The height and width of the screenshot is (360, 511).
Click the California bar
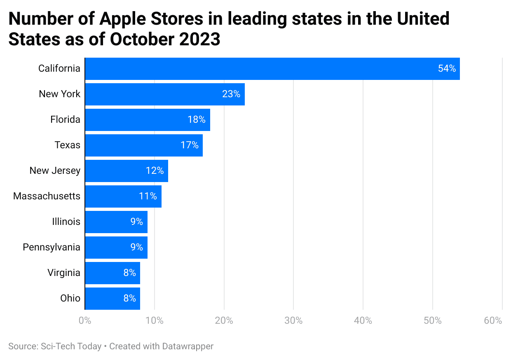272,69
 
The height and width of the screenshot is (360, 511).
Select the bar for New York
165,94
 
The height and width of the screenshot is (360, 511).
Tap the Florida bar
148,120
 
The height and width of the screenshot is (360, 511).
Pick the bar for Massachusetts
123,196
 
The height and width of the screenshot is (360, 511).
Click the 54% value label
447,69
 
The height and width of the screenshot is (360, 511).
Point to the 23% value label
231,94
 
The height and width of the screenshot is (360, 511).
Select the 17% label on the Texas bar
190,145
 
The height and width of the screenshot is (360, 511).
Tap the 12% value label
155,171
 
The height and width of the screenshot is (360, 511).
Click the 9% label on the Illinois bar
136,222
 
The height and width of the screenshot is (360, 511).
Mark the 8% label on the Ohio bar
129,299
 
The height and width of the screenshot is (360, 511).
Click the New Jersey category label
55,171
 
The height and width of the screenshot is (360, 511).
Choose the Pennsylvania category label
52,248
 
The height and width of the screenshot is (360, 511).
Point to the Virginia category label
64,273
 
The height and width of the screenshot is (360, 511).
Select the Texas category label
68,145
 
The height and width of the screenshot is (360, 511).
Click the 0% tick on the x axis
84,321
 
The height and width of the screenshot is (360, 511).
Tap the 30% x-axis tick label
293,321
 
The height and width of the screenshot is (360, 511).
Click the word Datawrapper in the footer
187,346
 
